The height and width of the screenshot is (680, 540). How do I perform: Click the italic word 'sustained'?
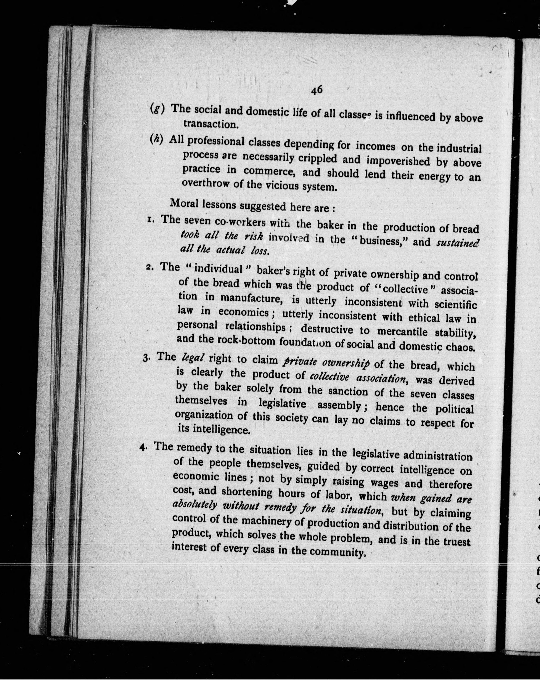coord(457,243)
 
